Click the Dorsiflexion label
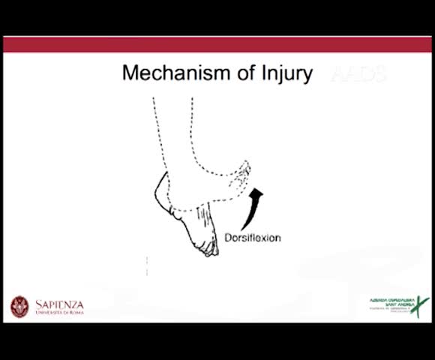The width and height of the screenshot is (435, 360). tap(253, 238)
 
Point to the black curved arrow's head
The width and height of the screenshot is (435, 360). tap(257, 194)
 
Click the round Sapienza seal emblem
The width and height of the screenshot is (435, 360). tap(19, 306)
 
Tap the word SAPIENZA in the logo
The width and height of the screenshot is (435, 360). tap(60, 304)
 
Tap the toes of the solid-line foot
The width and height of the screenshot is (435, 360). tap(208, 248)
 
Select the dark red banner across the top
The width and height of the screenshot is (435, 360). tap(217, 44)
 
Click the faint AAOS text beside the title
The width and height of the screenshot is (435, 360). tap(358, 74)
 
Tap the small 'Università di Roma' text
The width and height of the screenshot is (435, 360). tap(60, 312)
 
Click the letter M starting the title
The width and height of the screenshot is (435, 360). tap(130, 73)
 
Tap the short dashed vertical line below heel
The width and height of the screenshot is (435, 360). tap(147, 265)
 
